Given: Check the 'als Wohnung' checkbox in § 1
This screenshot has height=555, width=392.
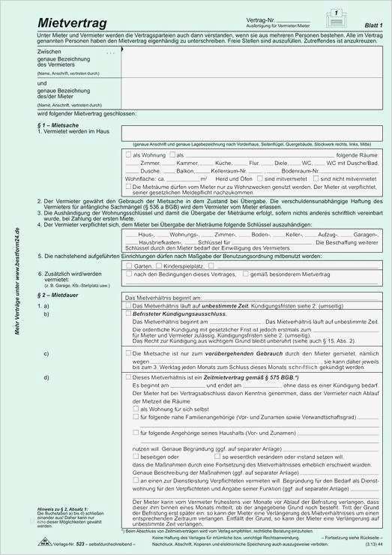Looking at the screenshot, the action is pyautogui.click(x=129, y=154).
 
